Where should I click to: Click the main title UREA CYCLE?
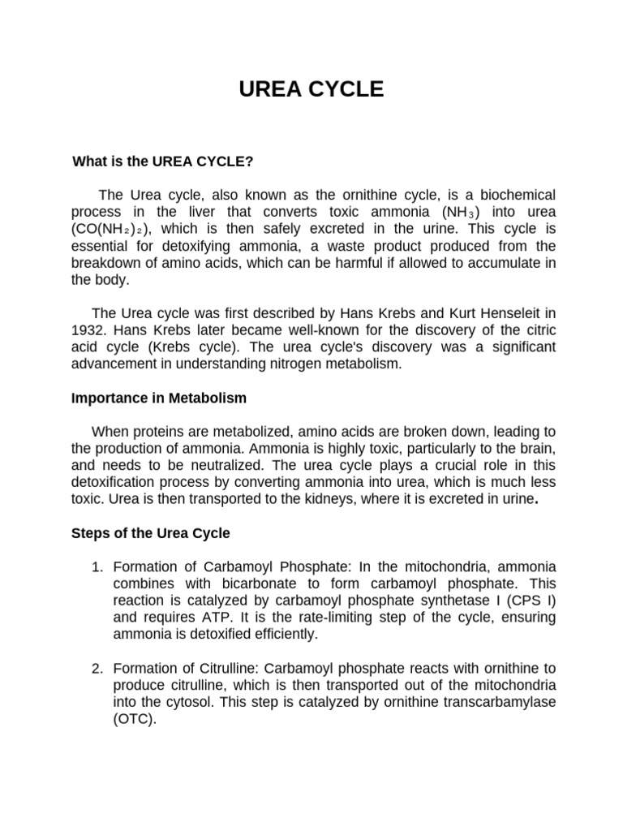tap(311, 89)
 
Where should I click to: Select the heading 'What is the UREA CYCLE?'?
tap(163, 161)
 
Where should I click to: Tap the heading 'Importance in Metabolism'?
tap(159, 398)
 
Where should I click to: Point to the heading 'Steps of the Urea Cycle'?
tap(151, 533)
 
